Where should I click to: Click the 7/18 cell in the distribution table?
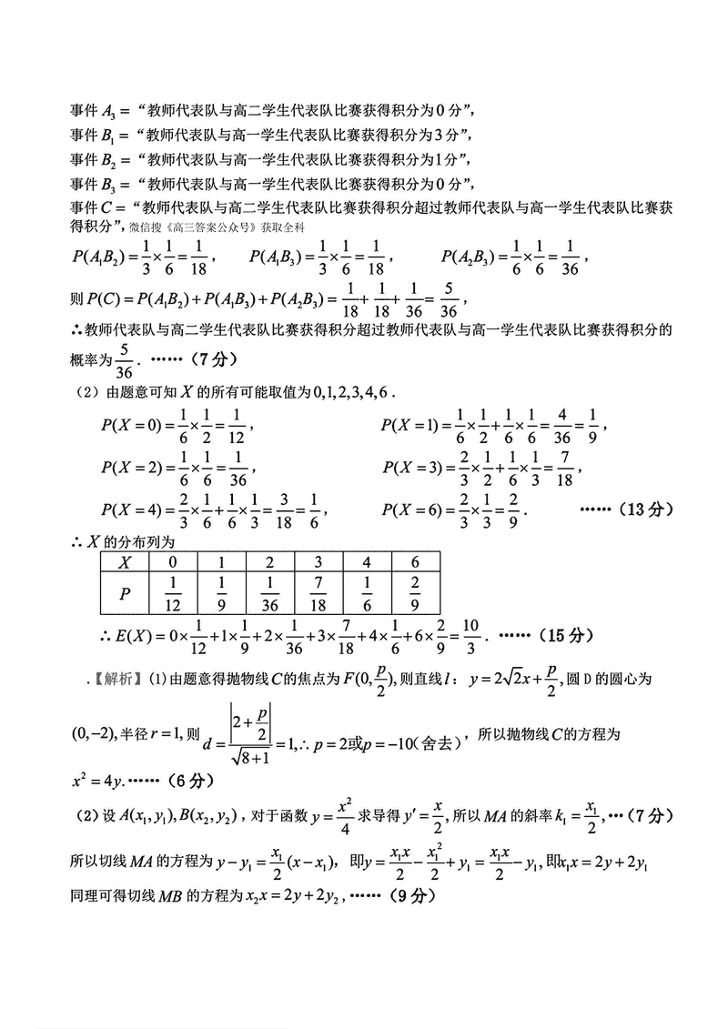[x=320, y=592]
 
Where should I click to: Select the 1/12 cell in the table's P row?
[x=172, y=592]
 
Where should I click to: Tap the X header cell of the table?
[x=125, y=561]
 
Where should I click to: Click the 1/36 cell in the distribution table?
[x=270, y=592]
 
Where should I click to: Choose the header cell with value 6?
[x=416, y=561]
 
